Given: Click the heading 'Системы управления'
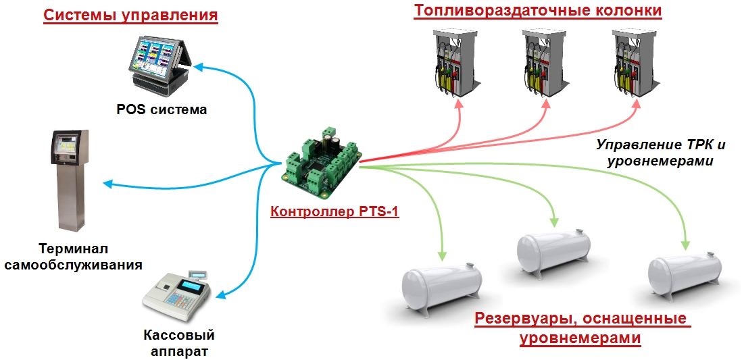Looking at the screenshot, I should (131, 15).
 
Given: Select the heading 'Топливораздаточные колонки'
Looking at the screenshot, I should (537, 10).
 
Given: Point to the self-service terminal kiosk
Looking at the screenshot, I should (71, 180).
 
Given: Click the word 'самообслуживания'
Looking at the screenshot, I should (73, 264).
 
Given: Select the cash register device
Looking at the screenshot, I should (177, 294).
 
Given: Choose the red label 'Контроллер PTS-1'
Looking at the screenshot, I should (335, 211).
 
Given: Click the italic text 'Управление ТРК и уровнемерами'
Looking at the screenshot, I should (660, 153).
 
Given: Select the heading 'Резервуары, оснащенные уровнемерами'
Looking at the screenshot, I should (580, 328).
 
